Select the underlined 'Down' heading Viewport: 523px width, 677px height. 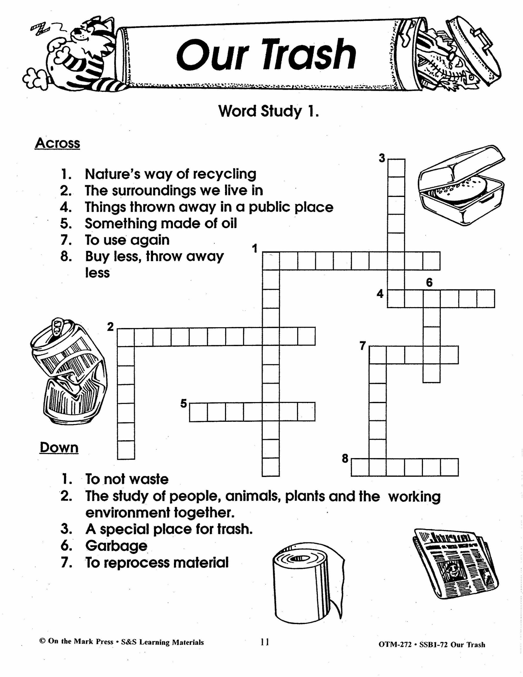click(59, 448)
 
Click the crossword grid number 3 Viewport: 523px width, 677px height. click(382, 158)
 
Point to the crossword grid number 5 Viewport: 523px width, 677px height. click(184, 404)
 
